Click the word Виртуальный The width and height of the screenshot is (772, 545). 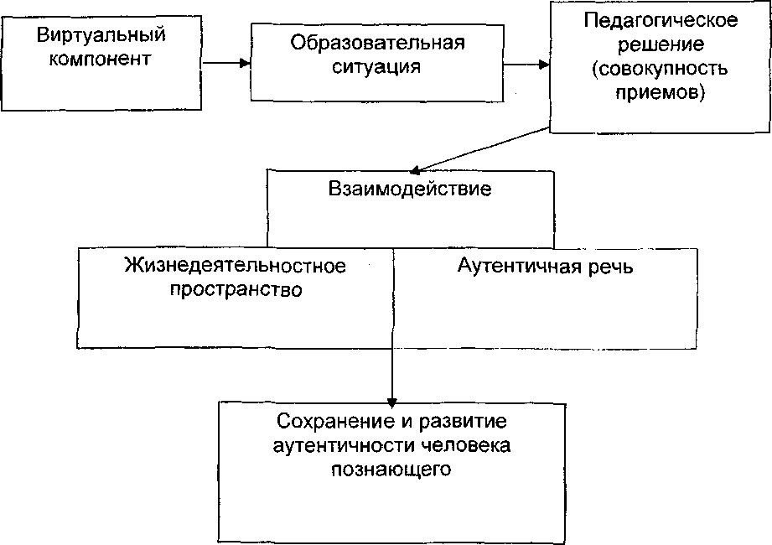click(101, 35)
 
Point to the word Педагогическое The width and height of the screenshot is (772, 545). click(661, 20)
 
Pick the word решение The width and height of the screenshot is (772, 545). click(661, 43)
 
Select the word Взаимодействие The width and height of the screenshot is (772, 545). click(410, 189)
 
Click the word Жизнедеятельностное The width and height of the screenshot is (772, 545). click(236, 267)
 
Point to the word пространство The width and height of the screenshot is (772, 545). click(236, 290)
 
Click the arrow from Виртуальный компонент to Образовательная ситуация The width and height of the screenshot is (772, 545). click(227, 63)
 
